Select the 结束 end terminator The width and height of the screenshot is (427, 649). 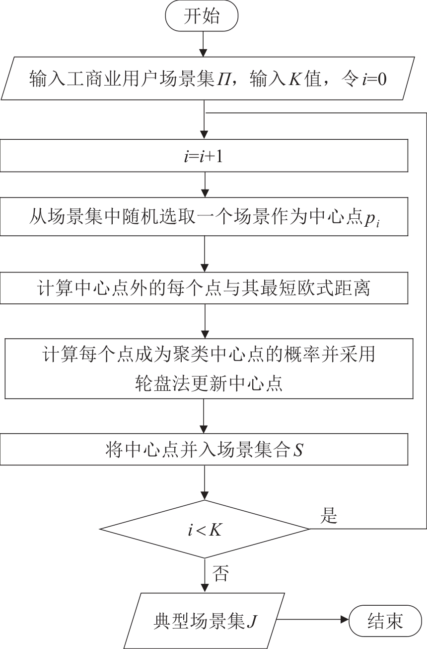pos(385,621)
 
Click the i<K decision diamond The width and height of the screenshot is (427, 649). pos(205,529)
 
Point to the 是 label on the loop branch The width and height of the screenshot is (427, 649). pos(328,517)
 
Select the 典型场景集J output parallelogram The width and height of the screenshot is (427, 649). pos(204,621)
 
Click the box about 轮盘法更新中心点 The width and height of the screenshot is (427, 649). pos(209,369)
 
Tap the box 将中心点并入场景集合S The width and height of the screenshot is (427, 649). pos(205,451)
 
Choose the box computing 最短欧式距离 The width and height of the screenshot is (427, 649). pos(204,288)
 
